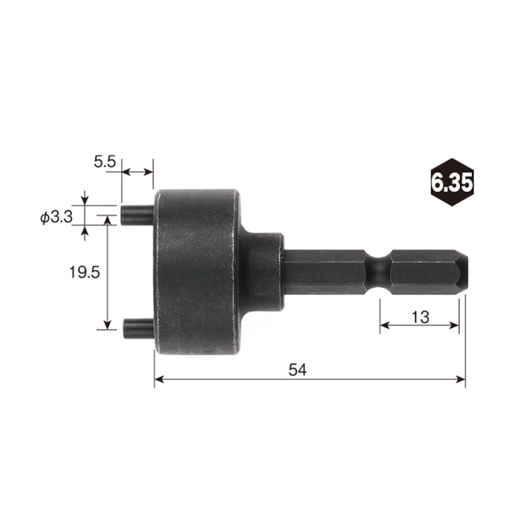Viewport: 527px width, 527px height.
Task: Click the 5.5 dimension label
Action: [x=105, y=160]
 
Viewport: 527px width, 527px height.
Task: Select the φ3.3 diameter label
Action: [x=56, y=217]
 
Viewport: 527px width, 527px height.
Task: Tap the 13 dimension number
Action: [x=420, y=317]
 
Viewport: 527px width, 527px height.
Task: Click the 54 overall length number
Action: [x=298, y=370]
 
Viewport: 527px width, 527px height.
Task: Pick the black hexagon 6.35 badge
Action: [x=451, y=182]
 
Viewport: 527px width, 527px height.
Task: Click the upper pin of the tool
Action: [x=137, y=215]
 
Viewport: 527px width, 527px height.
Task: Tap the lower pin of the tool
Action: [x=138, y=325]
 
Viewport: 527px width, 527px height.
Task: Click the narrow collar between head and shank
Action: [x=265, y=271]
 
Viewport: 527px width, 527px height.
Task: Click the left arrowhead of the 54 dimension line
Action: [x=159, y=379]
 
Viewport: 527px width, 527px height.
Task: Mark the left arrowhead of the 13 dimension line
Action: [x=384, y=325]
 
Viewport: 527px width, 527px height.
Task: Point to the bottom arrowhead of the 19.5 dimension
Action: [x=107, y=325]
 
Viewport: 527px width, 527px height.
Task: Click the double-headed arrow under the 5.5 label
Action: [x=137, y=172]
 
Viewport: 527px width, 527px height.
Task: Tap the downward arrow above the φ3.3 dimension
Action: [x=84, y=200]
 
